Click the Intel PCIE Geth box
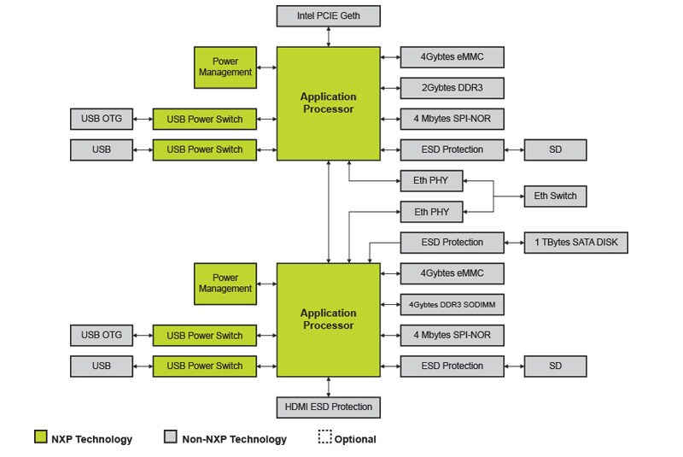(x=328, y=15)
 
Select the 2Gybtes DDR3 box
(x=452, y=88)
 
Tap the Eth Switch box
(x=555, y=196)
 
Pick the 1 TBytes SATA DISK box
(x=576, y=242)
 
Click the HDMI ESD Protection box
(x=328, y=407)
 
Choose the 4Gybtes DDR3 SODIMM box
(x=452, y=304)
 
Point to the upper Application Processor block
(x=328, y=103)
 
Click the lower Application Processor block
(x=328, y=319)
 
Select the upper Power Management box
(x=225, y=67)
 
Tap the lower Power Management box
(x=225, y=283)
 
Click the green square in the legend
(x=40, y=437)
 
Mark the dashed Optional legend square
(x=325, y=437)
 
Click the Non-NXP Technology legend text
(x=234, y=439)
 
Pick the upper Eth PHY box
(x=431, y=180)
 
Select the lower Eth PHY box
(x=431, y=211)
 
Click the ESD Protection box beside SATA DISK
(x=452, y=242)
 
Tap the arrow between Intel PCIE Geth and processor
(x=328, y=37)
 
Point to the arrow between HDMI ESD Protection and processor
(x=328, y=385)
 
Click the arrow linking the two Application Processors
(x=328, y=211)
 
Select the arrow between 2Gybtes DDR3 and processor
(x=390, y=88)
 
